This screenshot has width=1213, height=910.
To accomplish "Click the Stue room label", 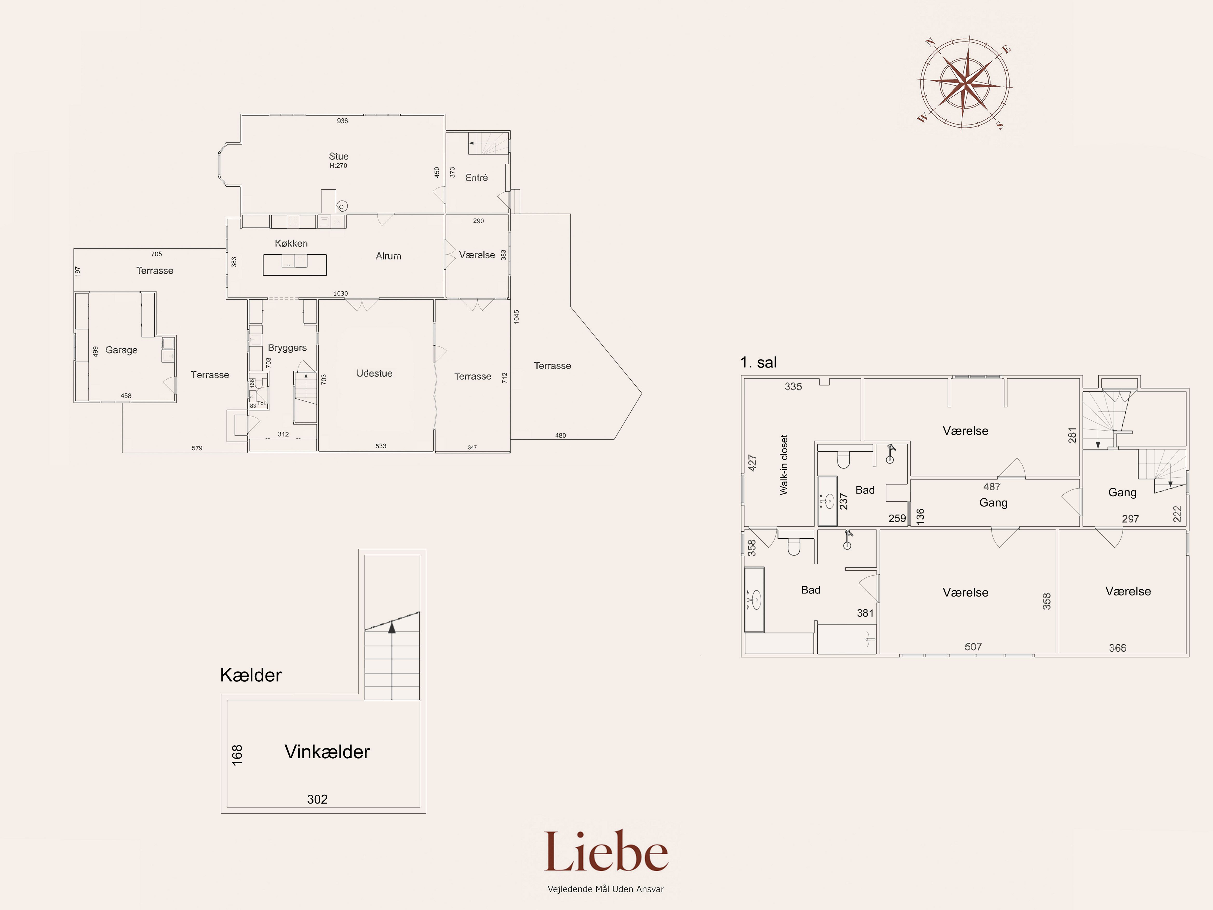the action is tap(338, 156).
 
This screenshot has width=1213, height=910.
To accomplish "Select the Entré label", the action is tap(476, 177).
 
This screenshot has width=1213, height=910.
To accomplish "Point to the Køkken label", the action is tap(291, 243).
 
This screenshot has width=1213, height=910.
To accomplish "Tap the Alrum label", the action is tap(388, 256).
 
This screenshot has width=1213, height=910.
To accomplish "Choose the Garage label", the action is tap(121, 350).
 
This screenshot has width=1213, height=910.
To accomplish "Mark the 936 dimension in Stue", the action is tap(342, 121).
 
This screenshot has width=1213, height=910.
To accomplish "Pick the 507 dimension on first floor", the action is tap(973, 647).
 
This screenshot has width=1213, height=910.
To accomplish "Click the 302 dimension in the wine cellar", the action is tap(318, 799).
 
